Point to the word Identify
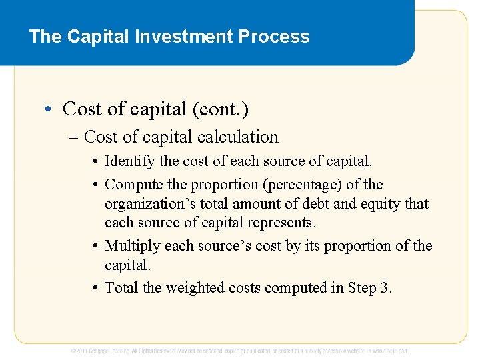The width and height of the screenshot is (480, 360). [x=129, y=161]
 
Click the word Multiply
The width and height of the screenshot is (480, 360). [x=133, y=246]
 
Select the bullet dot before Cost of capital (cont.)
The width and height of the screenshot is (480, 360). [x=51, y=109]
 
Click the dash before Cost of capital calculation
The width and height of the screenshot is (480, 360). [x=73, y=138]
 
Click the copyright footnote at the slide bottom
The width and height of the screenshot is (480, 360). [x=240, y=351]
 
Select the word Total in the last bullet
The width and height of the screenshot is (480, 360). [x=121, y=288]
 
